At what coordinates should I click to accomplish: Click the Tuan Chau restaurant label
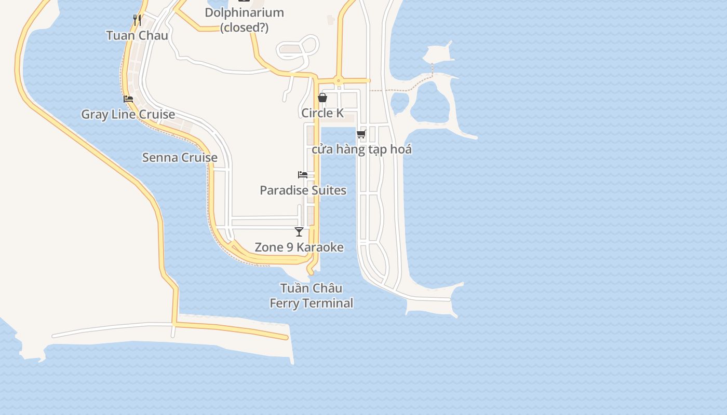pyautogui.click(x=137, y=36)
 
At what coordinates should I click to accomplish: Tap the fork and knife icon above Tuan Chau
pyautogui.click(x=137, y=20)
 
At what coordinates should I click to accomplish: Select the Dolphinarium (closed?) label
pyautogui.click(x=244, y=20)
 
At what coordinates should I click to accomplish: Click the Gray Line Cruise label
pyautogui.click(x=128, y=115)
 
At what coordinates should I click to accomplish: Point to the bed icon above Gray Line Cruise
pyautogui.click(x=128, y=99)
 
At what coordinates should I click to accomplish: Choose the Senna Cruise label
pyautogui.click(x=180, y=158)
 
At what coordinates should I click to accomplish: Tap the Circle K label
pyautogui.click(x=322, y=113)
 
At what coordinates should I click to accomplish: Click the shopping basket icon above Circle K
pyautogui.click(x=322, y=98)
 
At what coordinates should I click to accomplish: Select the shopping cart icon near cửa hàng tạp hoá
pyautogui.click(x=361, y=134)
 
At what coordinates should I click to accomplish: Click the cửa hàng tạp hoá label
pyautogui.click(x=361, y=150)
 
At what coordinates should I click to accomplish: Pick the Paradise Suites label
pyautogui.click(x=303, y=190)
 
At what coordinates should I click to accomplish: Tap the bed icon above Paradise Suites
pyautogui.click(x=303, y=175)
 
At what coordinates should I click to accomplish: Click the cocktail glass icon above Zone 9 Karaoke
pyautogui.click(x=299, y=231)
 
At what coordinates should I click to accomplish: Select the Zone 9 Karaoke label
pyautogui.click(x=299, y=247)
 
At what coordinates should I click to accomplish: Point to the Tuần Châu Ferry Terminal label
pyautogui.click(x=312, y=296)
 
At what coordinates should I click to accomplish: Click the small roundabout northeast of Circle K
pyautogui.click(x=338, y=80)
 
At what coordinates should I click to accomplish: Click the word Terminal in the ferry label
pyautogui.click(x=329, y=303)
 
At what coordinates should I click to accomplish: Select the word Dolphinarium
pyautogui.click(x=244, y=13)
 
